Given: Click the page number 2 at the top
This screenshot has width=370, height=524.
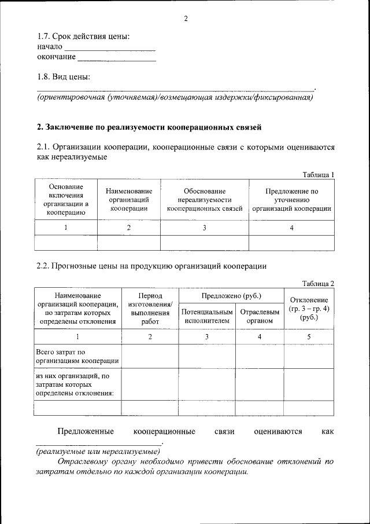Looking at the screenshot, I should point(186,18).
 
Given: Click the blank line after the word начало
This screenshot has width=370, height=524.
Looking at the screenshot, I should point(109,47).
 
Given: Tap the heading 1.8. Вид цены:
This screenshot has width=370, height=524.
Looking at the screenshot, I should point(64,76).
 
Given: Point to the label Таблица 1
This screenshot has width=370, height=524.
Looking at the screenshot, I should point(319,175).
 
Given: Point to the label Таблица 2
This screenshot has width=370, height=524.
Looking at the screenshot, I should point(319,283).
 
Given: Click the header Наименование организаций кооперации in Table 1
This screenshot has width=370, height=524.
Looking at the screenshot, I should point(129,200).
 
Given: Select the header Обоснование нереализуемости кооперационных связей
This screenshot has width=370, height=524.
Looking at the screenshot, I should point(204,200).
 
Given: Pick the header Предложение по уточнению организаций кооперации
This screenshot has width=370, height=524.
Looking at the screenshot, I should point(291,200).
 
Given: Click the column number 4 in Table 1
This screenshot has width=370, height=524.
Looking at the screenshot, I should point(291,228).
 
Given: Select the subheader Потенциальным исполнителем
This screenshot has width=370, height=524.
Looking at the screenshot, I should point(207,316).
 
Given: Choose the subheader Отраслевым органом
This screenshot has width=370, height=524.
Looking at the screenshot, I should point(260,316).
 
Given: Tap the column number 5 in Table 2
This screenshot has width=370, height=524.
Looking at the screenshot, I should point(309,336).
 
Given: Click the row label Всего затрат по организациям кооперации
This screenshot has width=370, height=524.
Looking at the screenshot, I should point(69,356).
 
